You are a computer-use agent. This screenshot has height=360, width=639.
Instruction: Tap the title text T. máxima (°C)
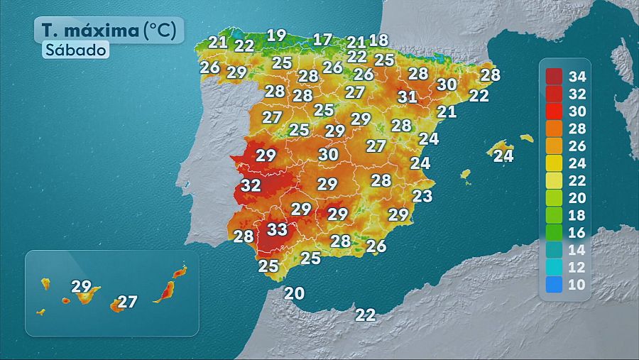[109, 30]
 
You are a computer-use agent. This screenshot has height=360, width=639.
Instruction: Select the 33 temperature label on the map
[277, 229]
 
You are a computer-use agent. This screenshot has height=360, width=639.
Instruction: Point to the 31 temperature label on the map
[407, 97]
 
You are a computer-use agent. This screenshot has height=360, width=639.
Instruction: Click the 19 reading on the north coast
[275, 35]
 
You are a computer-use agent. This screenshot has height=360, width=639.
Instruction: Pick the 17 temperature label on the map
[322, 40]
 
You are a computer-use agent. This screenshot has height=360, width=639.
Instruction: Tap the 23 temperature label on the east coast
[422, 196]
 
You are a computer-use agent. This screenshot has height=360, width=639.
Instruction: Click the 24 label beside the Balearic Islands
[503, 156]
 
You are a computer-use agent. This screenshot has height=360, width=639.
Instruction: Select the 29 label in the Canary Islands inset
[82, 287]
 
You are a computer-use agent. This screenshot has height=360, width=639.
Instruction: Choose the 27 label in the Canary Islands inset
[127, 302]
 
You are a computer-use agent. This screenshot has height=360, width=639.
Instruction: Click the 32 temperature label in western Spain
[251, 185]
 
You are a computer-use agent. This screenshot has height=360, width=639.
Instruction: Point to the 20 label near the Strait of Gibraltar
[294, 293]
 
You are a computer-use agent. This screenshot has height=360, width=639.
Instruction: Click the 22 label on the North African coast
[366, 315]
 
